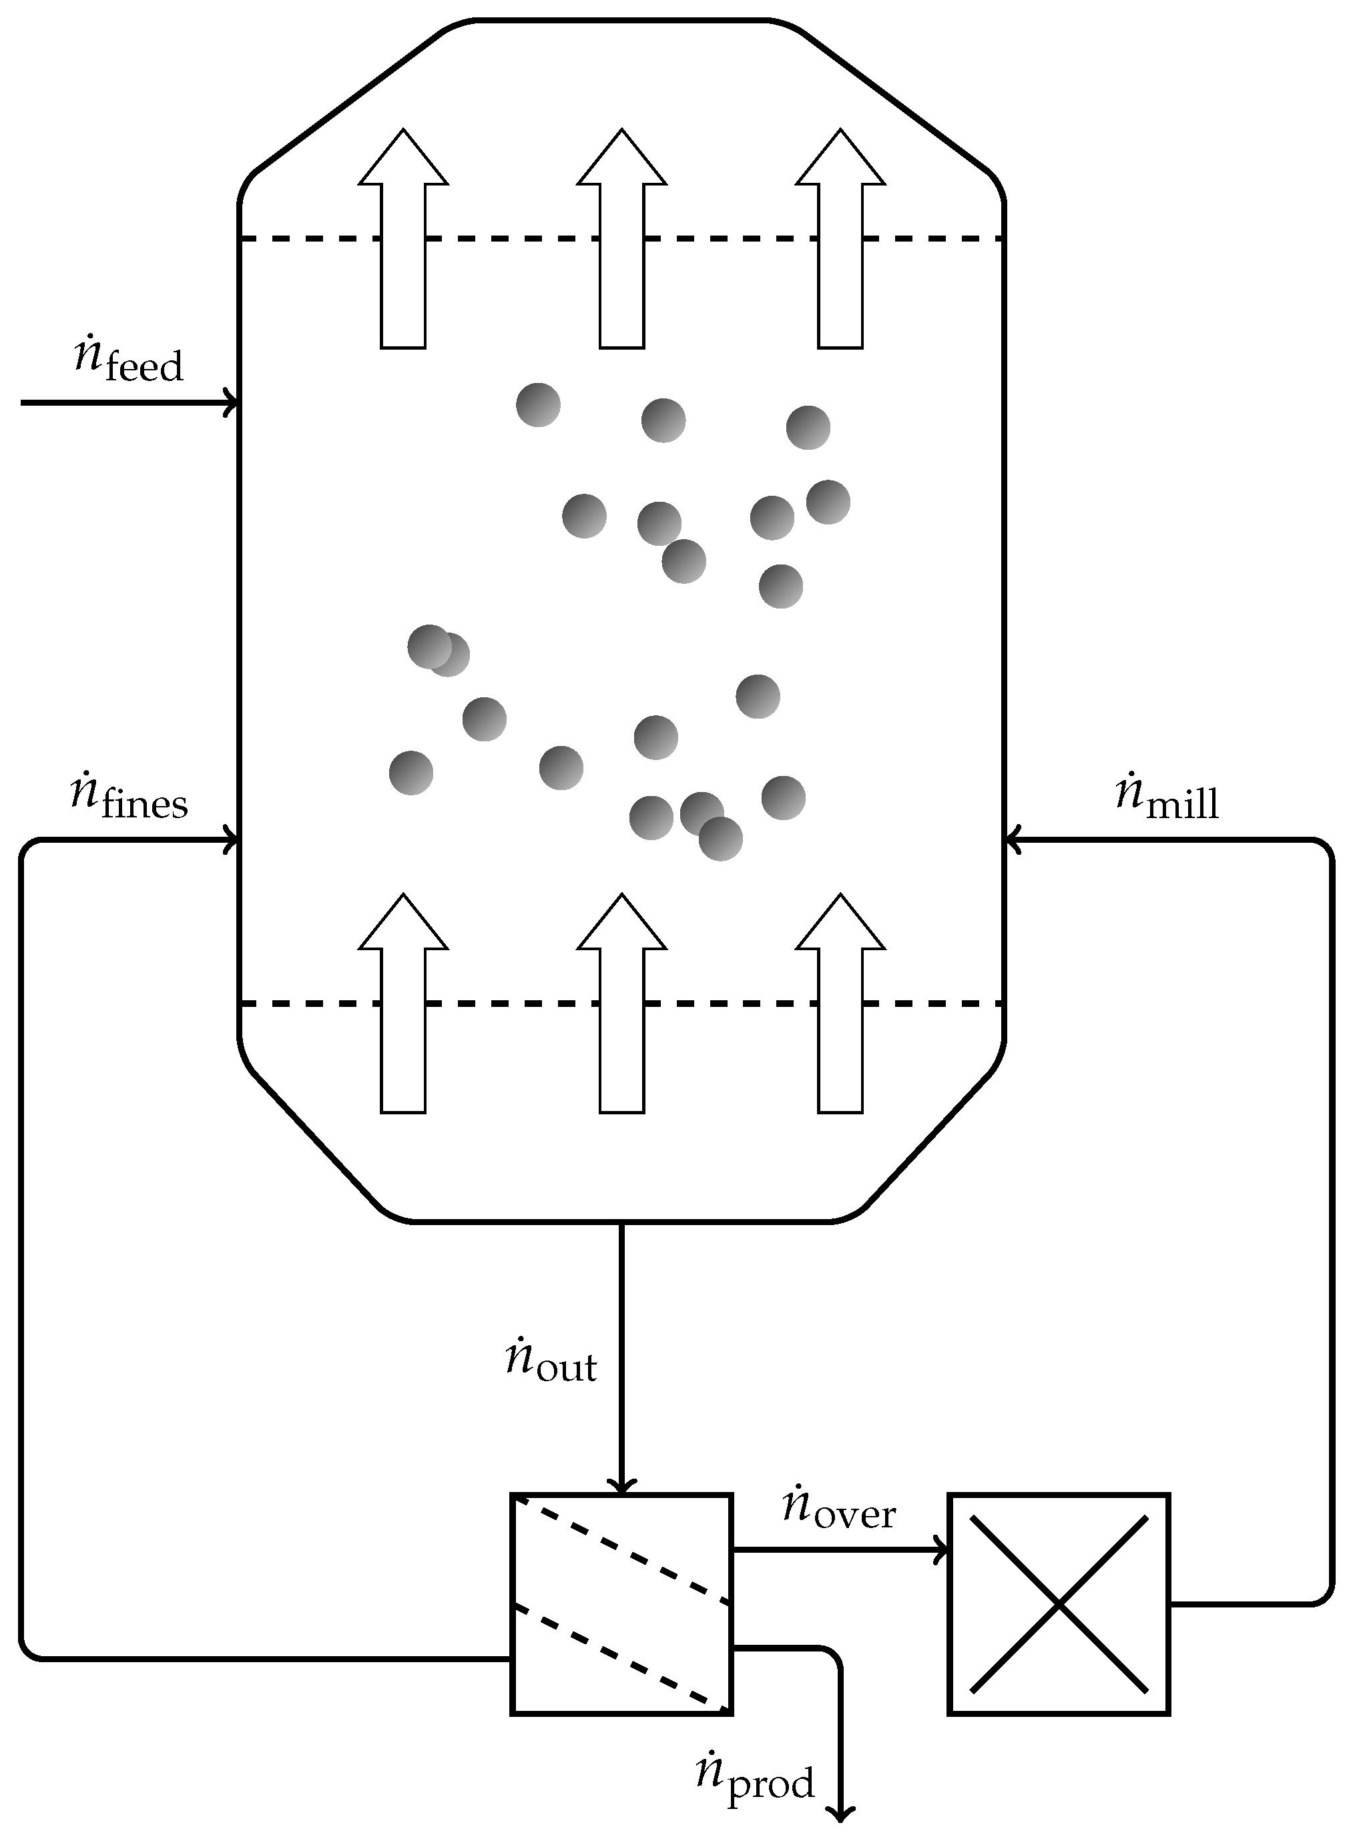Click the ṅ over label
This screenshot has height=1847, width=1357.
[838, 1508]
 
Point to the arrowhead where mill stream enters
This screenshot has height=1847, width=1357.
[1013, 840]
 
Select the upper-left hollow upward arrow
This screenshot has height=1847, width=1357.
[403, 238]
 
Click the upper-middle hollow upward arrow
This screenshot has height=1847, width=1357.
[622, 238]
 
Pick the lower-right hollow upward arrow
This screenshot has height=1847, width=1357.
[840, 1004]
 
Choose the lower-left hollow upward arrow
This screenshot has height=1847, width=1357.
[403, 1004]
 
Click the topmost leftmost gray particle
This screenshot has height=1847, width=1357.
[538, 404]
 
